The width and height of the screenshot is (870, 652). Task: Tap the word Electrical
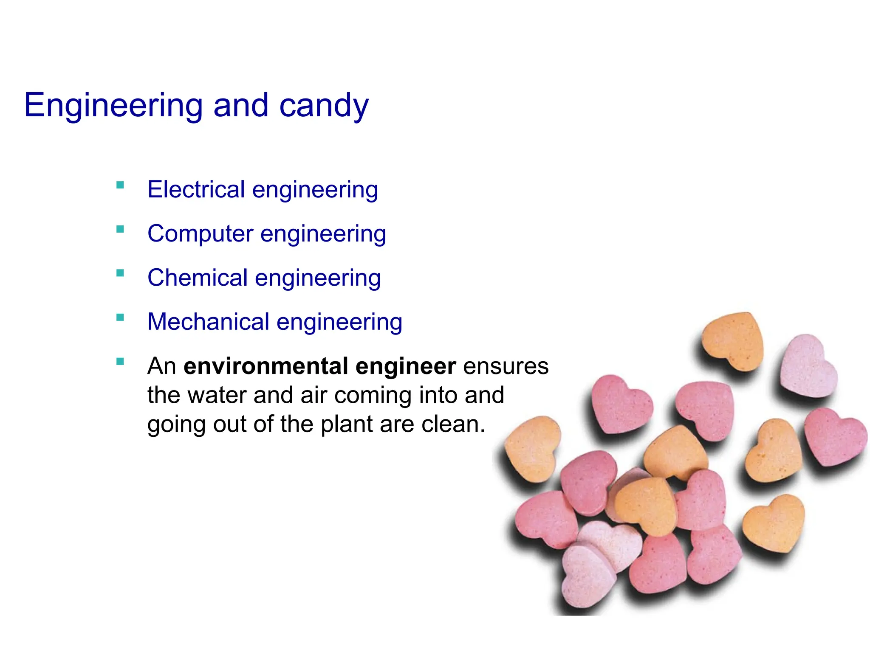point(196,189)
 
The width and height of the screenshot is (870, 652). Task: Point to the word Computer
point(200,233)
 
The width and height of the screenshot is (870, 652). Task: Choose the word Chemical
point(198,278)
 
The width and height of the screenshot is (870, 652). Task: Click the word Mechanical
point(208,322)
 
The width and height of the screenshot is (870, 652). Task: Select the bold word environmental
point(266,366)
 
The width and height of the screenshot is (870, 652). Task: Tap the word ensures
point(506,366)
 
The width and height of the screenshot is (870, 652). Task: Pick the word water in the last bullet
point(217,395)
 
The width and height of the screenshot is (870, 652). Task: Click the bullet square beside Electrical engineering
point(120,185)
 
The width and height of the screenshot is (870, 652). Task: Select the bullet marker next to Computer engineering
point(120,229)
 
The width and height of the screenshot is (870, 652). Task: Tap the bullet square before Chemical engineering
point(120,273)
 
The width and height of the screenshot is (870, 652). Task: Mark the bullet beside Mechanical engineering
point(120,318)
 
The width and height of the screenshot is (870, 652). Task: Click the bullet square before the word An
point(120,362)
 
